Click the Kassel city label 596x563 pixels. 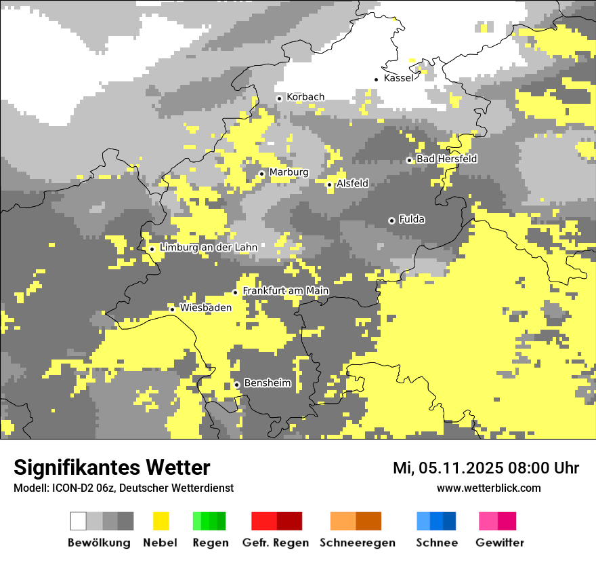398,78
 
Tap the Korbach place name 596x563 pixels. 305,97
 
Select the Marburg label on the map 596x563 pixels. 289,172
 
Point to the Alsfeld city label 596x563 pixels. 352,184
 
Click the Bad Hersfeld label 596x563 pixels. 446,159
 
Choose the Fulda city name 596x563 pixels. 412,219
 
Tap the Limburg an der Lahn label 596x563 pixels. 208,248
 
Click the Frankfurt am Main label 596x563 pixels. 285,291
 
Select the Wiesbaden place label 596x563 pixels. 206,307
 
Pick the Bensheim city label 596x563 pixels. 267,383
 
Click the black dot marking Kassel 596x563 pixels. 377,79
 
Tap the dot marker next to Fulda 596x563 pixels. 391,220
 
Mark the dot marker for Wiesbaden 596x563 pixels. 172,309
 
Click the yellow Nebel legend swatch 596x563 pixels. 161,521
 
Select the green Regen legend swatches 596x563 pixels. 209,521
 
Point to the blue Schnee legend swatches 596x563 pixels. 436,521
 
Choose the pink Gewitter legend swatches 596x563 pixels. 497,521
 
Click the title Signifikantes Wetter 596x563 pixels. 112,467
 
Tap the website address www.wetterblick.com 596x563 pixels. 488,488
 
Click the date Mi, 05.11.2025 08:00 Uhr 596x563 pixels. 486,468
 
